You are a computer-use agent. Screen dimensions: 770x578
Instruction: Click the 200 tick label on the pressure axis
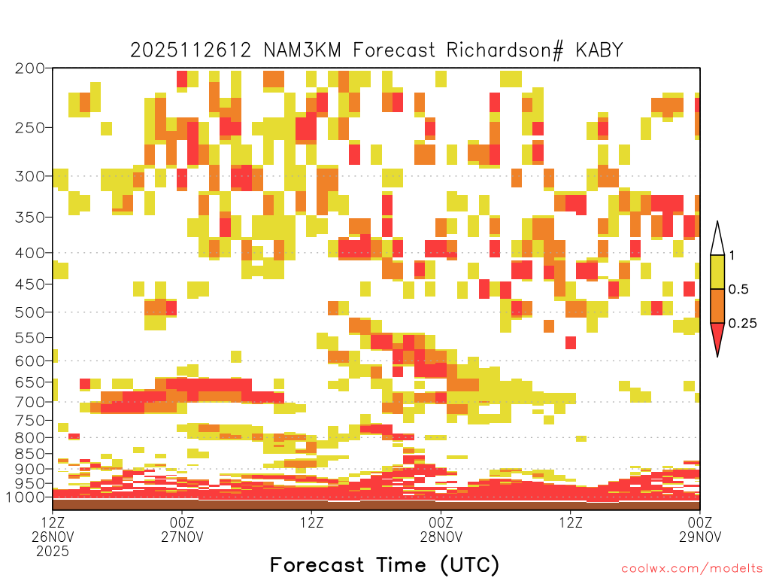30,68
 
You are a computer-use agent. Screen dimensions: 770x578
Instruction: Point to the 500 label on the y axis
30,312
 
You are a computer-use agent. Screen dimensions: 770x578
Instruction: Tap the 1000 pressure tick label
25,497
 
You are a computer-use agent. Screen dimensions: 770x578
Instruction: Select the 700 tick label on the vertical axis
30,403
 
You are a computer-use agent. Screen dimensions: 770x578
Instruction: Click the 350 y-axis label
30,218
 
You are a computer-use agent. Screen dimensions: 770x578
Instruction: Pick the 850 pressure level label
30,454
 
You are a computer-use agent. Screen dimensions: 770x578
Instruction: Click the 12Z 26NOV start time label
53,529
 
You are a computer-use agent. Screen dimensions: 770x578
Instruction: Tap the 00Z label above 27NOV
182,522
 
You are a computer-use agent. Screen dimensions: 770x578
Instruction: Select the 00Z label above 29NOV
700,522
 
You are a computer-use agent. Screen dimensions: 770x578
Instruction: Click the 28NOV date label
441,537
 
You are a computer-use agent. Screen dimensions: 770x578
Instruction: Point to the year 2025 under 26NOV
53,552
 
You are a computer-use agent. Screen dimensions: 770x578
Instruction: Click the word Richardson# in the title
505,50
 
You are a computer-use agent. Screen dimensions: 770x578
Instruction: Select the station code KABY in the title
599,50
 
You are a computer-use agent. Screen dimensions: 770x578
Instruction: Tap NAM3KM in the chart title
302,50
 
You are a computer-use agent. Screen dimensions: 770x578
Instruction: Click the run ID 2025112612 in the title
190,50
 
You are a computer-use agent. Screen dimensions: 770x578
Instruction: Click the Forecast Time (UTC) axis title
384,565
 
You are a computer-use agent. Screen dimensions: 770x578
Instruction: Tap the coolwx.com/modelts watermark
692,569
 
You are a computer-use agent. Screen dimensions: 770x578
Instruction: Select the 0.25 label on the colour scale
742,324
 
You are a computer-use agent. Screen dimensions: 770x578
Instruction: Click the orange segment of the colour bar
717,306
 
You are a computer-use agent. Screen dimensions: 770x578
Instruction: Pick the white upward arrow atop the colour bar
717,239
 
